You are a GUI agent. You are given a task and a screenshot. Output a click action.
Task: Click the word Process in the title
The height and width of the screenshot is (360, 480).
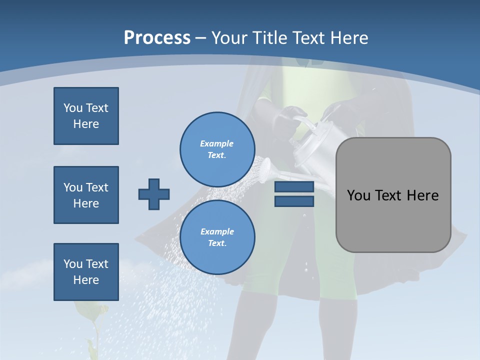(x=157, y=37)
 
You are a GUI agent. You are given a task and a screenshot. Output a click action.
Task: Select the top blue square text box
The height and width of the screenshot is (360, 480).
(x=86, y=116)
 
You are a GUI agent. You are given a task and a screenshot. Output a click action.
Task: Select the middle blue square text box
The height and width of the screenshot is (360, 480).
(x=86, y=195)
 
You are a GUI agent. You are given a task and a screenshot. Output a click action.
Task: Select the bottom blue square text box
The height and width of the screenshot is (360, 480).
(x=86, y=272)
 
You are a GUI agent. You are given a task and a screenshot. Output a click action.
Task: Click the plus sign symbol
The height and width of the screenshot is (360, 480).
(x=154, y=194)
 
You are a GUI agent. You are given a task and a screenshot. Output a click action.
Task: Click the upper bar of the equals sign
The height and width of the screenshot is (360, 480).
(x=294, y=187)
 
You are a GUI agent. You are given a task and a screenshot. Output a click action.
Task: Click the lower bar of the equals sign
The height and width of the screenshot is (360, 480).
(x=294, y=201)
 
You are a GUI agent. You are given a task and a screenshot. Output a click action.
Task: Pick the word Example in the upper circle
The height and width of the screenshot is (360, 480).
(x=216, y=143)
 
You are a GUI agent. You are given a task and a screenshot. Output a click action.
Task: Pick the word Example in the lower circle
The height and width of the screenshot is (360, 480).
(x=217, y=231)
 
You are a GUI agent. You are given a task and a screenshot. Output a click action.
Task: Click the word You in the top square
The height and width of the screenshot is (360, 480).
(x=73, y=108)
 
